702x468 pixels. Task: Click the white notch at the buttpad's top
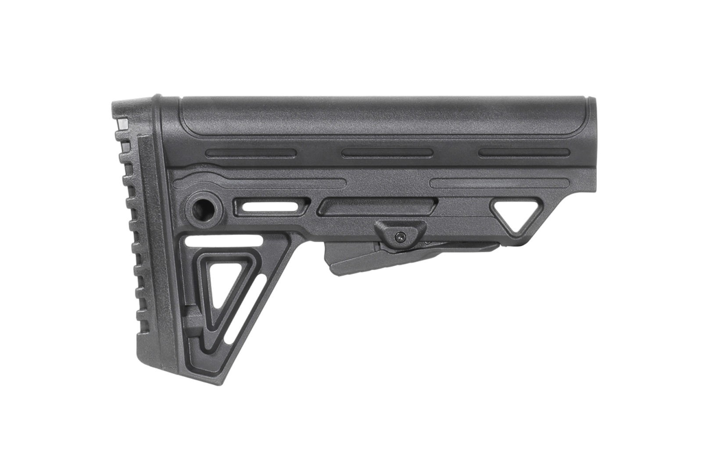tap(122, 124)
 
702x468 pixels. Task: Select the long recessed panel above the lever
tap(380, 206)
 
